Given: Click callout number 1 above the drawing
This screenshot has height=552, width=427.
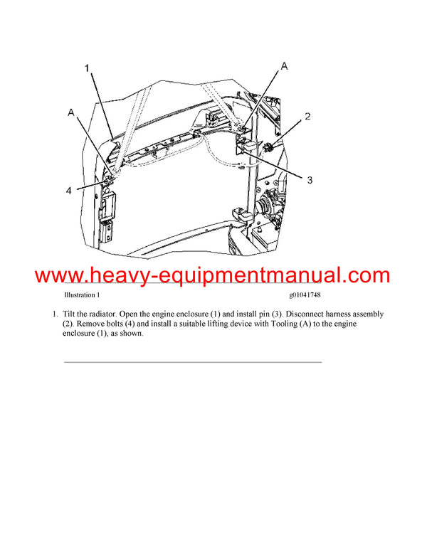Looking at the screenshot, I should (x=87, y=68).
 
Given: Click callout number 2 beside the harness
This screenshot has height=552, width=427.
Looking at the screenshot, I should (x=307, y=116).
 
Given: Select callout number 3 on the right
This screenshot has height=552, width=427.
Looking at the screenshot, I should (x=310, y=181).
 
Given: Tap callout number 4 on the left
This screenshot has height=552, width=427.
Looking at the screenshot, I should (x=69, y=190).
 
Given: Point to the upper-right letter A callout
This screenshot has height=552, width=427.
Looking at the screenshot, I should (x=284, y=65).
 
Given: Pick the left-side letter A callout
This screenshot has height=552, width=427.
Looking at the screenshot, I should (x=70, y=112).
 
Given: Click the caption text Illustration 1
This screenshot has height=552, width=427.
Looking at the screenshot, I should (x=82, y=294).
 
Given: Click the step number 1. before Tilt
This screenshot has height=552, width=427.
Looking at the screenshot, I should (x=53, y=314).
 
